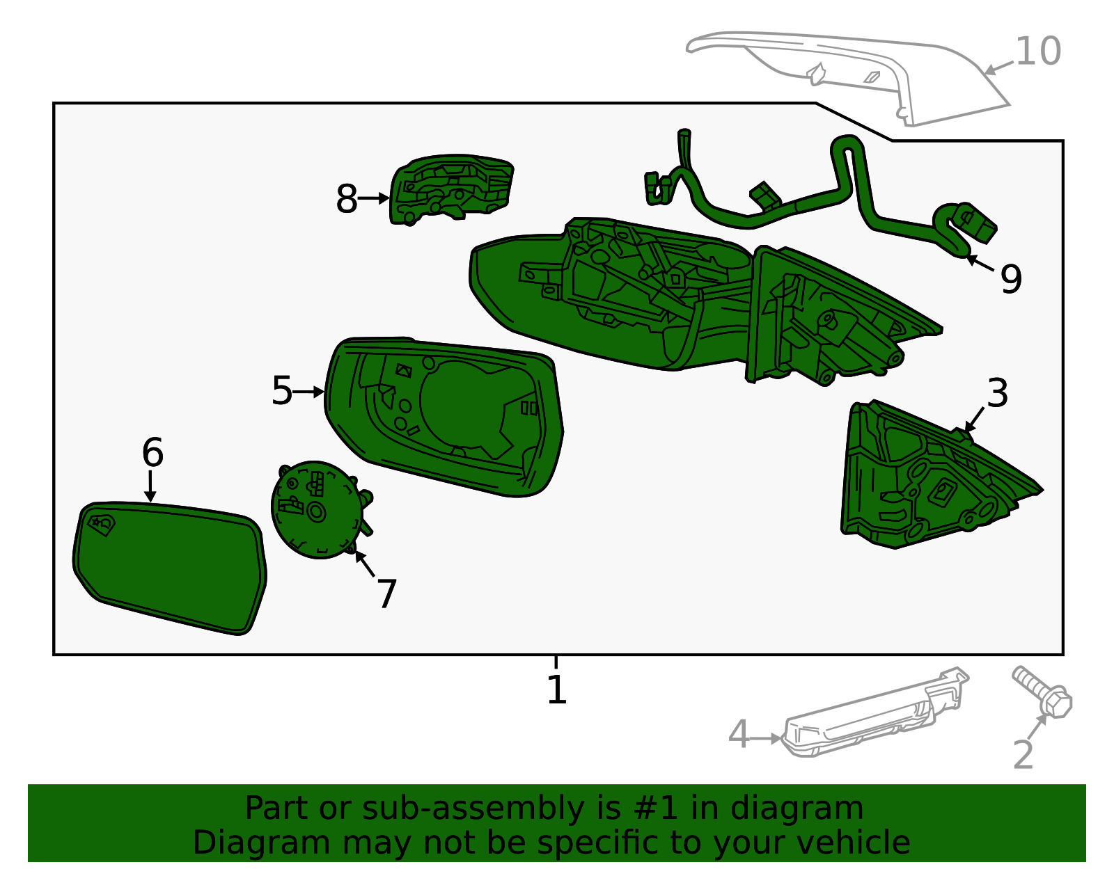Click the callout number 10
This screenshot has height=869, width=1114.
click(x=1037, y=51)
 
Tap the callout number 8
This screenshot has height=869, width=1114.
click(x=347, y=199)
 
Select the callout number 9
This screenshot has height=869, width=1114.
click(x=1011, y=280)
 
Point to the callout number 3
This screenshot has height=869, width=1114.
click(x=998, y=393)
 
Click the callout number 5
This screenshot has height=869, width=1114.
click(x=282, y=391)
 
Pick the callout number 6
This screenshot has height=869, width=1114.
click(x=152, y=453)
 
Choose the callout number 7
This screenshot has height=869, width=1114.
click(x=387, y=594)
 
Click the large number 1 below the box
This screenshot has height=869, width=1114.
click(x=557, y=689)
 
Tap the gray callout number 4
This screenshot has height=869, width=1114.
click(x=739, y=735)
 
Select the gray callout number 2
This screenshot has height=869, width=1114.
click(x=1023, y=754)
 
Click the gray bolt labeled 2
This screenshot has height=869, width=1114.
click(x=1043, y=692)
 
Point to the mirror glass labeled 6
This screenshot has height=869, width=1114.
click(x=170, y=568)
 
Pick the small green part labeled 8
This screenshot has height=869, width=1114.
click(x=451, y=189)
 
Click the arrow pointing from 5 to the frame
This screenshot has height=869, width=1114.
click(x=308, y=392)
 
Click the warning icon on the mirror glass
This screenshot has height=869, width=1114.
click(x=102, y=525)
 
